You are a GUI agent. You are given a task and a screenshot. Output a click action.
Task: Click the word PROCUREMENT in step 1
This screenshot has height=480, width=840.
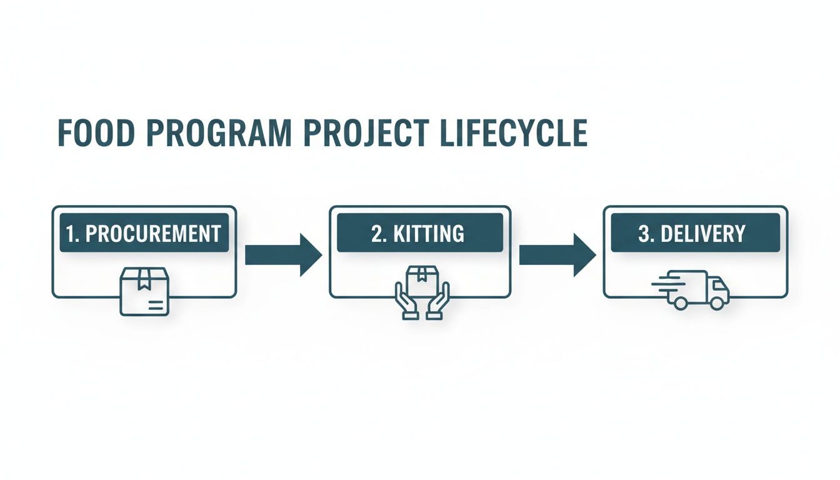tap(152, 234)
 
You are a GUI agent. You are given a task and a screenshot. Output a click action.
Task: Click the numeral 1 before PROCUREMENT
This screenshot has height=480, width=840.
tap(71, 234)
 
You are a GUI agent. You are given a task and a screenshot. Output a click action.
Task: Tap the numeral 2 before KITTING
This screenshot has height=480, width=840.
tap(377, 234)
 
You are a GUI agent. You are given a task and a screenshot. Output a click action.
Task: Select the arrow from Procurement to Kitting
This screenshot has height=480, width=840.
tap(282, 254)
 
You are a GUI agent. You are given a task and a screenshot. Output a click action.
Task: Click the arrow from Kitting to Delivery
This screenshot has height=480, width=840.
tap(557, 254)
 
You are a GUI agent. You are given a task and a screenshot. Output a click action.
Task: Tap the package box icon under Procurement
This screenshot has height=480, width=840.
tap(144, 291)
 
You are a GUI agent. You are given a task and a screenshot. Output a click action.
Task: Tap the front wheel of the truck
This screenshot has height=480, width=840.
tap(719, 301)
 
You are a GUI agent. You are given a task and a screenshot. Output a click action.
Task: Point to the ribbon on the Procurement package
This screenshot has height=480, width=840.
tap(144, 276)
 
